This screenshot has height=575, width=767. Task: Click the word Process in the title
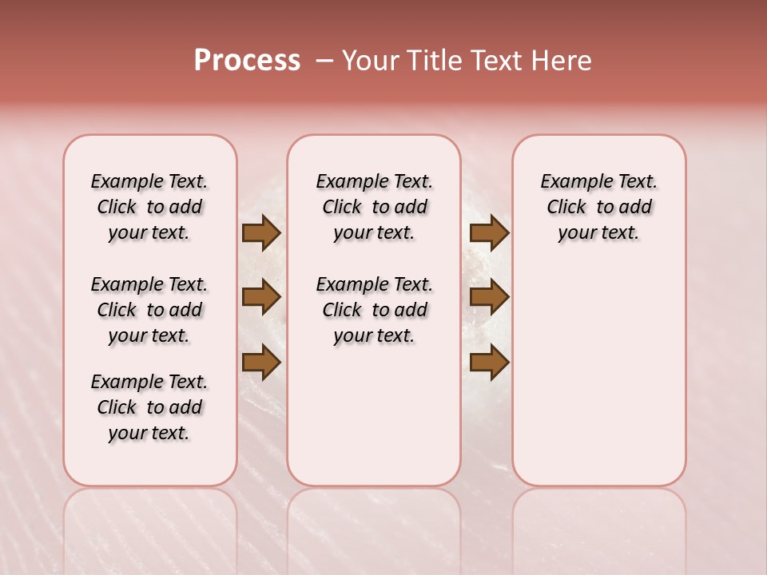click(247, 61)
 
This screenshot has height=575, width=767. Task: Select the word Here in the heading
click(562, 61)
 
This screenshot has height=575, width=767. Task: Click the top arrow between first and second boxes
click(260, 233)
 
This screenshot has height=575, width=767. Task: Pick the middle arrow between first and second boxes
click(260, 298)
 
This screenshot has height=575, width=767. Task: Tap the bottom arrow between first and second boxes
click(260, 362)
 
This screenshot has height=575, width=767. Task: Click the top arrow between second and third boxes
click(489, 233)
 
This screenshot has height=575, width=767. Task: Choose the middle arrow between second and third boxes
click(489, 298)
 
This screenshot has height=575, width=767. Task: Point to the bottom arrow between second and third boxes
click(489, 362)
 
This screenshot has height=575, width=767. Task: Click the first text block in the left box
click(149, 207)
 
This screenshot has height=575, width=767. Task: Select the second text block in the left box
click(149, 310)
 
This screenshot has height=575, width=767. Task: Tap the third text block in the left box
click(149, 407)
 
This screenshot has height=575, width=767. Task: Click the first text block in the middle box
click(374, 207)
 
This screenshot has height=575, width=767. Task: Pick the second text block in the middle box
click(374, 310)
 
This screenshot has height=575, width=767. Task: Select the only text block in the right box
click(598, 207)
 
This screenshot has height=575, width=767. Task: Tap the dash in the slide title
click(324, 61)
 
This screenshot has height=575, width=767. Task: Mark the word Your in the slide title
click(371, 61)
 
